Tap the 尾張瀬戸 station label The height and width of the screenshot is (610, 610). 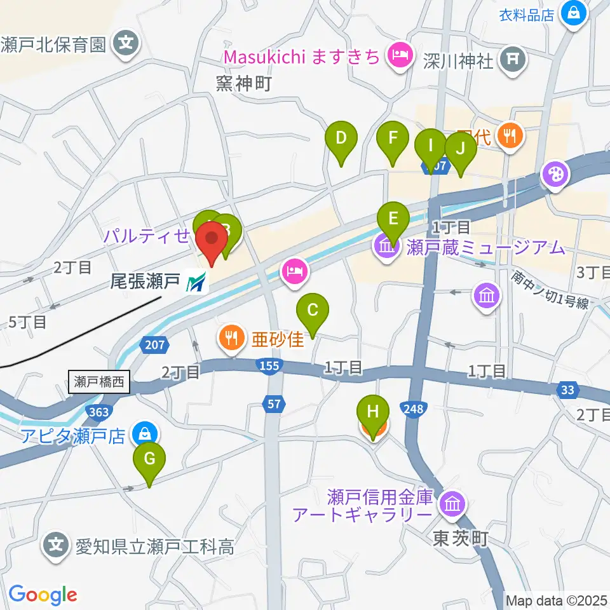pyautogui.click(x=147, y=281)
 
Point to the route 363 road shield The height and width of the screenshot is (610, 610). pyautogui.click(x=99, y=412)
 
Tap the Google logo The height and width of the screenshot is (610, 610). pyautogui.click(x=43, y=595)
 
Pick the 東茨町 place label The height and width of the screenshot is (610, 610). pyautogui.click(x=460, y=539)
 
